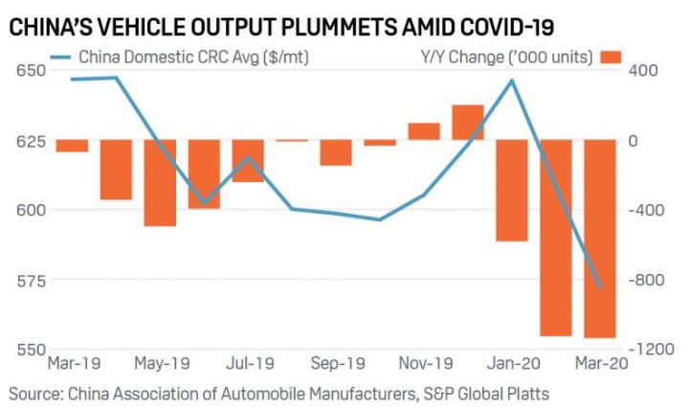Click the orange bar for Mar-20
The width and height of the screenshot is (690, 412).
(x=600, y=239)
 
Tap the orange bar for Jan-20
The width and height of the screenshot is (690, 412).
(x=512, y=191)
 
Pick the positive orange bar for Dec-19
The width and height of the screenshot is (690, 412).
(x=468, y=123)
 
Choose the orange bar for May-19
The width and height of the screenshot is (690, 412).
(x=160, y=183)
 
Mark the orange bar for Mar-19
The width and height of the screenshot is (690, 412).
(x=72, y=146)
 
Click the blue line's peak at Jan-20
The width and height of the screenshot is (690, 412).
(x=512, y=80)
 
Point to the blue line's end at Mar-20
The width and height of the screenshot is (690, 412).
(x=600, y=286)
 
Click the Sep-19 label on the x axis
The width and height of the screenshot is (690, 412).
(x=338, y=365)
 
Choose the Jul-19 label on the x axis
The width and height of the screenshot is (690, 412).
(x=249, y=365)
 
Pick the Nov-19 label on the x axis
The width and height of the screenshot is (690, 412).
(x=425, y=365)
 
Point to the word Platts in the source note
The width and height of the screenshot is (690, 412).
(x=526, y=393)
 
